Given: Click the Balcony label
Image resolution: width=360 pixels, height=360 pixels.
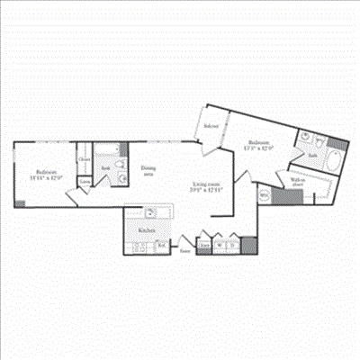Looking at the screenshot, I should tap(211, 126).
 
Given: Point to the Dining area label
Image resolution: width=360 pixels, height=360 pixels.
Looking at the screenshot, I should tap(148, 172).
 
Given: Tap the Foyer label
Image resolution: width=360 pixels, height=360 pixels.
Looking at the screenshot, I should tap(184, 251).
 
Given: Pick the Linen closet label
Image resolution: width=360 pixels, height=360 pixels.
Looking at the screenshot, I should tap(85, 182).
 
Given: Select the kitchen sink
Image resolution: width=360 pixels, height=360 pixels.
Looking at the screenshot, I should tap(151, 214).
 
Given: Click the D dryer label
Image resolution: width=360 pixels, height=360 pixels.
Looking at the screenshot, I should tap(233, 245).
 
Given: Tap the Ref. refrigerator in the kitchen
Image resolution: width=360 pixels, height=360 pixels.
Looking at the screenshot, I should tap(163, 244).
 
